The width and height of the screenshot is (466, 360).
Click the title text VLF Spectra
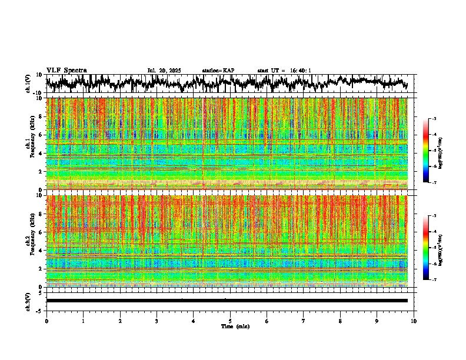66,71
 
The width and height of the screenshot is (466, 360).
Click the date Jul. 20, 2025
164,71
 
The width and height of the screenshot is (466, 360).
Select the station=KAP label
218,71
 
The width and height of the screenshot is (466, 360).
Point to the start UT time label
284,71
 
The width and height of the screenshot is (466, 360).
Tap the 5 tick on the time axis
230,322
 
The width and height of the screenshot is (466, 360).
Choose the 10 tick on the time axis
414,322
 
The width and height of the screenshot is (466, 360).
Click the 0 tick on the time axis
46,322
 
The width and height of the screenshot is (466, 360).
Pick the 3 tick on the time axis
157,322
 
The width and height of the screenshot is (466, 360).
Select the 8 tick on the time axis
340,322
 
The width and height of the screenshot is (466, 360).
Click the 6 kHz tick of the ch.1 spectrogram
41,135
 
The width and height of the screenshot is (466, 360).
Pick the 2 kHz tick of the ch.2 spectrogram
41,269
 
